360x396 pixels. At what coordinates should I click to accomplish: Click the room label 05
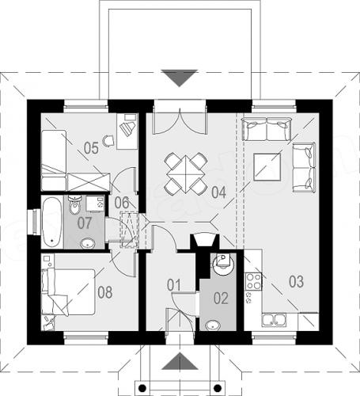coord(91,148)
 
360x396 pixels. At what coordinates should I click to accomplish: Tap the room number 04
coord(219,192)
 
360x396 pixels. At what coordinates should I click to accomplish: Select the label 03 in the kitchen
coord(296,281)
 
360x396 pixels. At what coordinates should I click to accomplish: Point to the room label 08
coord(105,292)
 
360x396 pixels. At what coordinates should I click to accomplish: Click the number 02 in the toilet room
coord(221,299)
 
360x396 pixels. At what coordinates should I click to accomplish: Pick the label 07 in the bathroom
coord(85,223)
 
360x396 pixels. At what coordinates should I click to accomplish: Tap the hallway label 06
coord(122,203)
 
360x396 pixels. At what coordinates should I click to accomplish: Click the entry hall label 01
coord(174,285)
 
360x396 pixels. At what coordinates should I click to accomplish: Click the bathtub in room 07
coord(52,222)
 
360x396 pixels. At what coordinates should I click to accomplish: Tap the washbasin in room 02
coord(213,325)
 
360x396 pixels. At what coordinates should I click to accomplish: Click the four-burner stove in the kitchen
coord(254,281)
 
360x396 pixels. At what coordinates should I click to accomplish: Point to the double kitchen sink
coord(274,319)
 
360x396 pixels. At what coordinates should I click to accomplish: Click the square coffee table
coord(267,167)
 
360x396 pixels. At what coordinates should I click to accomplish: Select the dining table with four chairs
coord(186,173)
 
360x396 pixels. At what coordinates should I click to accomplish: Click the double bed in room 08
coord(68,292)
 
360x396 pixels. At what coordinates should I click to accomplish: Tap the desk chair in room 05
coord(108,141)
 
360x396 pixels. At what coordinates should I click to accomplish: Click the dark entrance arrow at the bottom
coord(180,361)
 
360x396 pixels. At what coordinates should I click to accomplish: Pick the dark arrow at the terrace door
coord(180,78)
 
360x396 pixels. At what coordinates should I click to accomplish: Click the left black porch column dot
coord(142,388)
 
